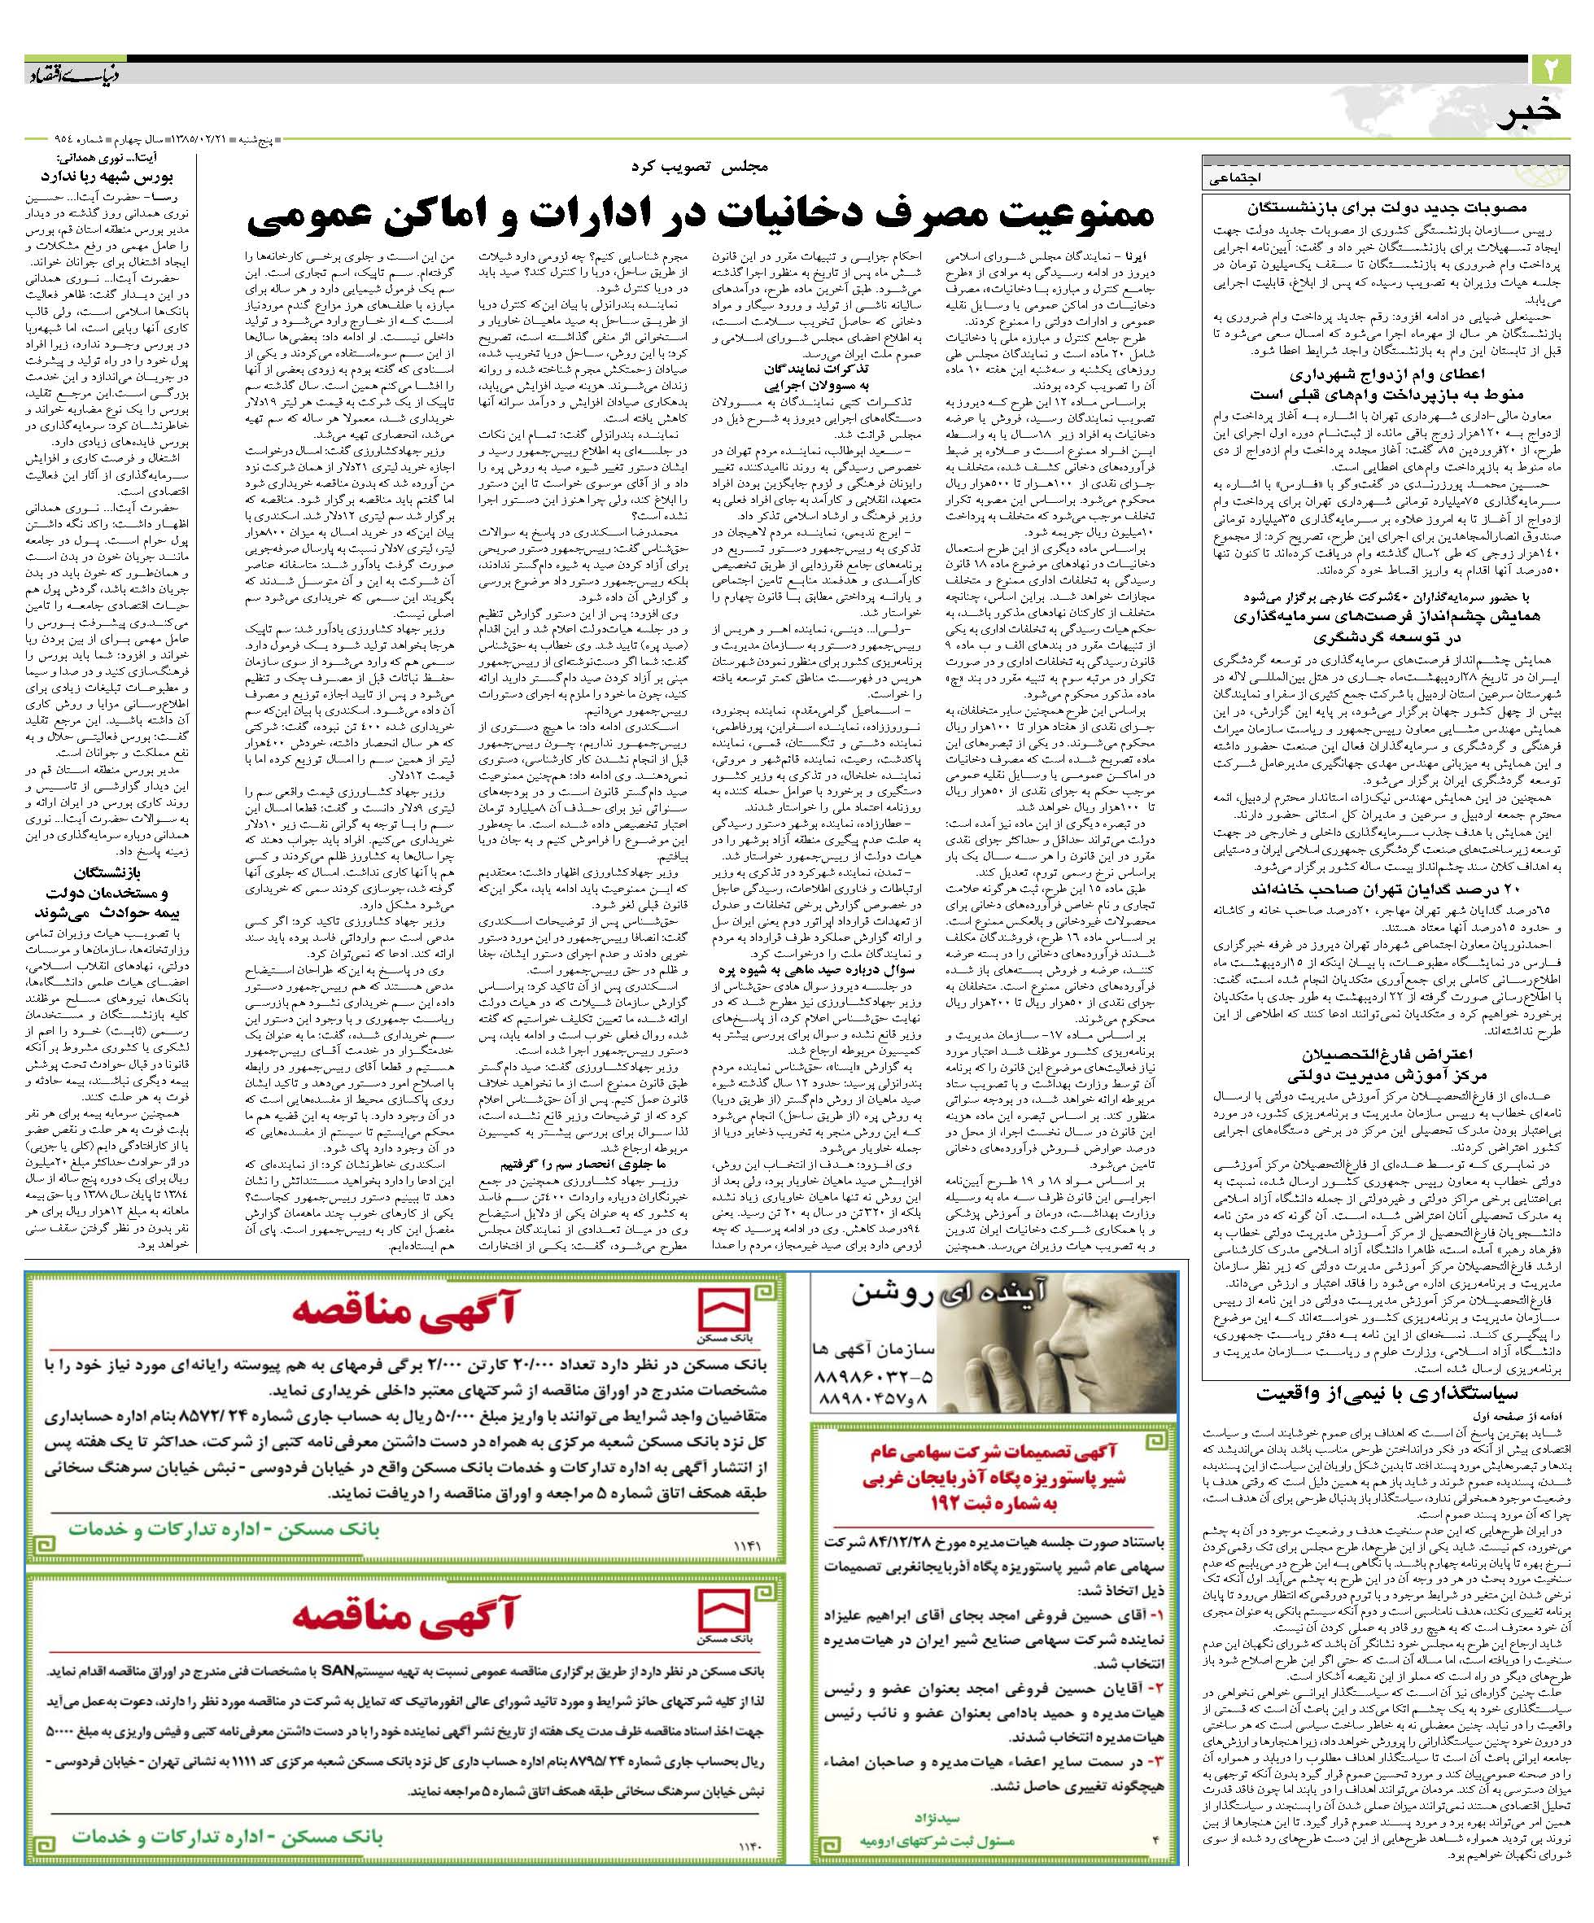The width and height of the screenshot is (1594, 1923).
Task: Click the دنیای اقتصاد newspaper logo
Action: (x=74, y=72)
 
